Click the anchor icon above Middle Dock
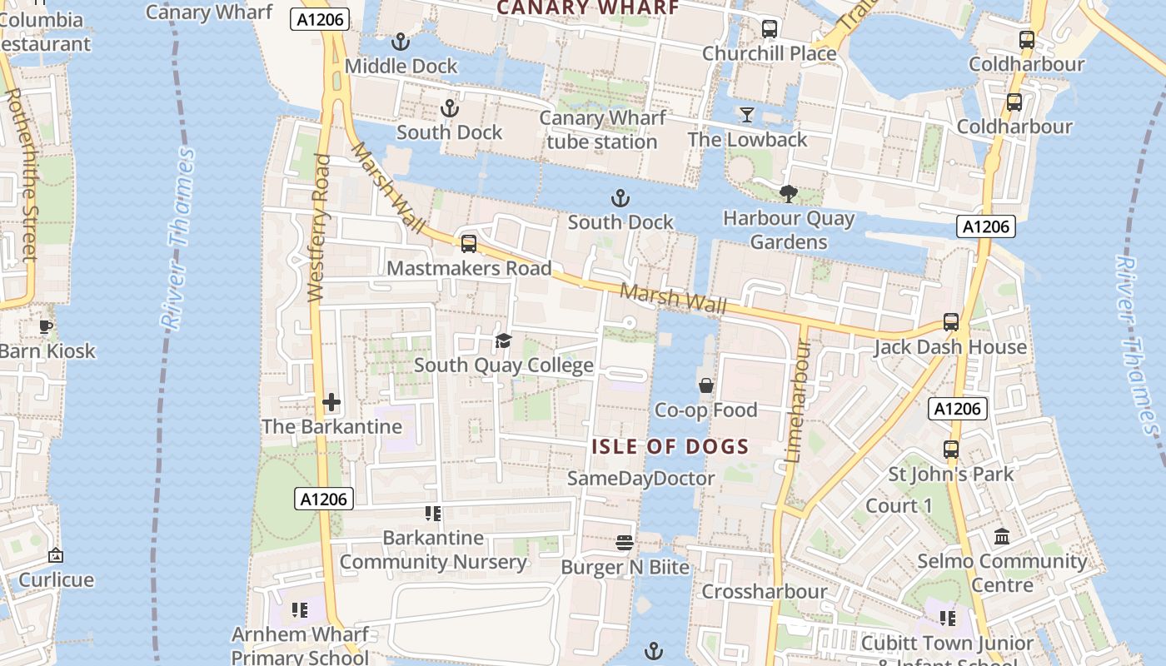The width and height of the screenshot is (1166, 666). [x=401, y=42]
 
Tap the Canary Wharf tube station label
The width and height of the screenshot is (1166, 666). [x=602, y=130]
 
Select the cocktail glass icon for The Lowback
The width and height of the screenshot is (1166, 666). [x=746, y=115]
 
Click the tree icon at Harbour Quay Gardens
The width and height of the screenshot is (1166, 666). [x=788, y=194]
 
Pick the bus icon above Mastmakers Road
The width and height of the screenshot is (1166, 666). [x=469, y=244]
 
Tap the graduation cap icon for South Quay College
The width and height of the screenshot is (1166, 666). [x=503, y=340]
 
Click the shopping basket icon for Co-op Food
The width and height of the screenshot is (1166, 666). [x=706, y=385]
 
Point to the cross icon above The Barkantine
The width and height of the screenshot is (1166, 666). [x=331, y=403]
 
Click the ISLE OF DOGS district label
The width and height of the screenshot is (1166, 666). [x=670, y=447]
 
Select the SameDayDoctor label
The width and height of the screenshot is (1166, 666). [x=641, y=479]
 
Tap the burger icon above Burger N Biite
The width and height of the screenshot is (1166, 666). [x=625, y=543]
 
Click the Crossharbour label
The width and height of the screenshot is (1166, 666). [x=765, y=592]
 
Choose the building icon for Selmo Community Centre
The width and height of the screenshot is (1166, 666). [x=1002, y=537]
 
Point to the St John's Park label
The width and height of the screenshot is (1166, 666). [x=951, y=475]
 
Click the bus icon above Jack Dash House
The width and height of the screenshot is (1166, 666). [x=950, y=322]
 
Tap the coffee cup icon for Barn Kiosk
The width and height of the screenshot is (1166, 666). [x=46, y=326]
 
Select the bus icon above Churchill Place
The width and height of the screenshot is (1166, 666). [x=770, y=29]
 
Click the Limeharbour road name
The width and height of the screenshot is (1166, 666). [x=800, y=400]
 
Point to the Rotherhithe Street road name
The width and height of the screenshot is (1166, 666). [x=20, y=175]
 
